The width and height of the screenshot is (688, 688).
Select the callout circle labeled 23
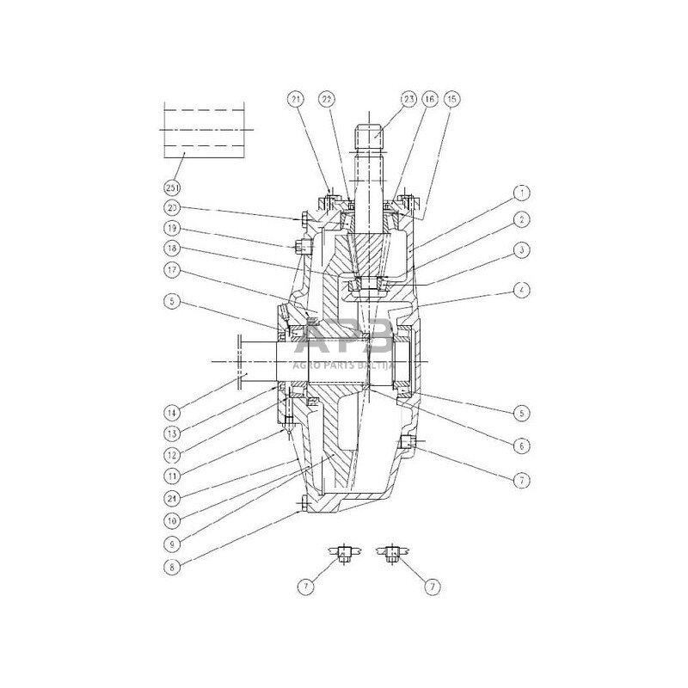coord(407,99)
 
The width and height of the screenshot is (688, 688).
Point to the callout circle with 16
coord(430,99)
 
